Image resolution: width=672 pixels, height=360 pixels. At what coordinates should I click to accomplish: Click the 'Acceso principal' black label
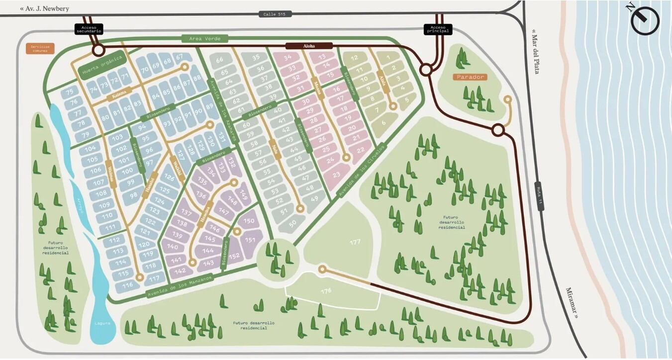pyautogui.click(x=438, y=29)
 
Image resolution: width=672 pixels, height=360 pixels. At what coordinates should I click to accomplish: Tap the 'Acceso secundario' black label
pyautogui.click(x=89, y=29)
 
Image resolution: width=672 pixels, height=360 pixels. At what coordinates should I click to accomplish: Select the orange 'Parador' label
pyautogui.click(x=469, y=77)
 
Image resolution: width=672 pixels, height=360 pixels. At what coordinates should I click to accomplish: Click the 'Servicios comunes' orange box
pyautogui.click(x=40, y=49)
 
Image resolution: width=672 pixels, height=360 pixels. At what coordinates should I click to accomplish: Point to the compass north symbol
pyautogui.click(x=645, y=20)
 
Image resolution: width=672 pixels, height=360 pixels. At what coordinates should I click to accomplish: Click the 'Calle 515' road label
pyautogui.click(x=275, y=14)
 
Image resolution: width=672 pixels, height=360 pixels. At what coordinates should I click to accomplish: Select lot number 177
pyautogui.click(x=355, y=242)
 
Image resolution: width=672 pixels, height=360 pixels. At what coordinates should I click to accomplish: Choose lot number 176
pyautogui.click(x=326, y=291)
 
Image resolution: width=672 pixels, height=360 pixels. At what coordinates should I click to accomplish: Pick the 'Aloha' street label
pyautogui.click(x=309, y=46)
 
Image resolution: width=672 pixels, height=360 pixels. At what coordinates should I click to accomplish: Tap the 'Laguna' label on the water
pyautogui.click(x=102, y=323)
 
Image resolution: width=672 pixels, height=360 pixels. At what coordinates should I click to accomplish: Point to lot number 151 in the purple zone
pyautogui.click(x=250, y=240)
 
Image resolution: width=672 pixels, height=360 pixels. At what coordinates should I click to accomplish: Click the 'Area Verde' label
pyautogui.click(x=204, y=38)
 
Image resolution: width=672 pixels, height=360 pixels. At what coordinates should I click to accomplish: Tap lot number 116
pyautogui.click(x=128, y=285)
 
